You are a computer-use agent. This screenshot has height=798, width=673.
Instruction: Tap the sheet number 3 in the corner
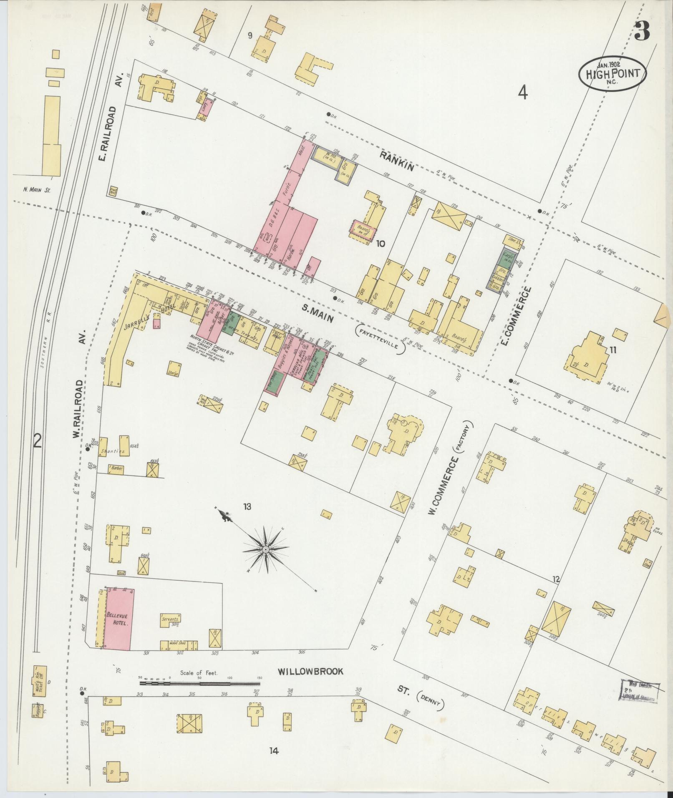(x=643, y=31)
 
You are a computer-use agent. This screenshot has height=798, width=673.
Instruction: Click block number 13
(x=247, y=507)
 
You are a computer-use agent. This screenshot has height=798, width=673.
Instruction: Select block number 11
(x=612, y=350)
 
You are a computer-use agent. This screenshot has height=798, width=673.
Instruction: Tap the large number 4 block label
(x=523, y=93)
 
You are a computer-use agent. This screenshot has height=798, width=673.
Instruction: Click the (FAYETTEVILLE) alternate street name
(x=381, y=340)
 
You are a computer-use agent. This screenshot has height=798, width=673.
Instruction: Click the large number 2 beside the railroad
(x=38, y=441)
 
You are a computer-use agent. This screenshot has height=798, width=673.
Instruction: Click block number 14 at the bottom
(x=273, y=751)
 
